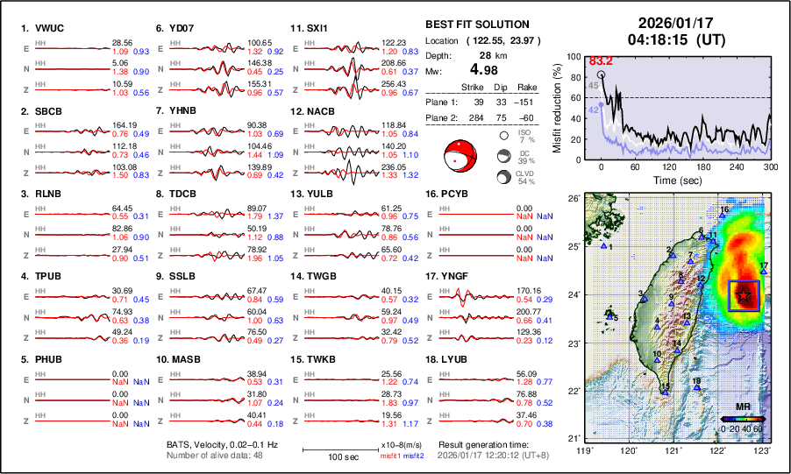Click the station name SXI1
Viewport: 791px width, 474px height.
pos(316,28)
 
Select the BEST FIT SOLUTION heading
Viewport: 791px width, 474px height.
pos(476,25)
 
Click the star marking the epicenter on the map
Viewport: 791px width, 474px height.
pos(743,295)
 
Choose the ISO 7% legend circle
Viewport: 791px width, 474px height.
pos(505,136)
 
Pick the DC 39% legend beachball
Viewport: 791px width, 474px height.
pos(505,156)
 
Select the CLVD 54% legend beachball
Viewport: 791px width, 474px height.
pos(505,177)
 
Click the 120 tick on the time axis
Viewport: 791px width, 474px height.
pos(669,166)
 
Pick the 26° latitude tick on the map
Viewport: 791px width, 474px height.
pos(572,199)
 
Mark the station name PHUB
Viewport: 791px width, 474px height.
pos(48,359)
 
